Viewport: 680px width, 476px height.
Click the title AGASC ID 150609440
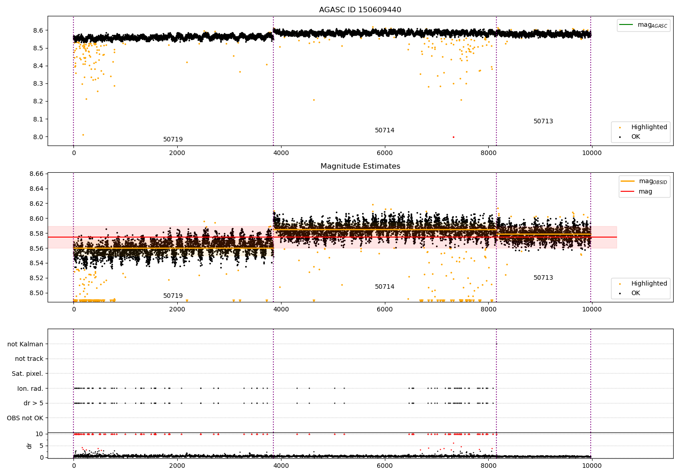(x=360, y=10)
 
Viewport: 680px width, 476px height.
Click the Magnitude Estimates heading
(x=360, y=166)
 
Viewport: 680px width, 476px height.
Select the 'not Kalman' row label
(x=25, y=344)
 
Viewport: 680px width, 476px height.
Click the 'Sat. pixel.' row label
(x=27, y=374)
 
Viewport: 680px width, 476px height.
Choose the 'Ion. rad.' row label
(x=30, y=389)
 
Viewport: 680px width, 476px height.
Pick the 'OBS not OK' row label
(x=25, y=418)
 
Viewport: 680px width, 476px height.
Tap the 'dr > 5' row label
(x=34, y=403)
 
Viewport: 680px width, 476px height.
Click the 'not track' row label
(x=29, y=359)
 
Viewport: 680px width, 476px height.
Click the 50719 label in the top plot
(x=173, y=139)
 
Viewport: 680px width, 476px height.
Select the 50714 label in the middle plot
(x=384, y=287)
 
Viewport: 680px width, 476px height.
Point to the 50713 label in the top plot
(x=543, y=121)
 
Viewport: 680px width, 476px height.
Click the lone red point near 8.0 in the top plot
(x=453, y=137)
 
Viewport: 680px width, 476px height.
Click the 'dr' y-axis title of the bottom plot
(x=29, y=446)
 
